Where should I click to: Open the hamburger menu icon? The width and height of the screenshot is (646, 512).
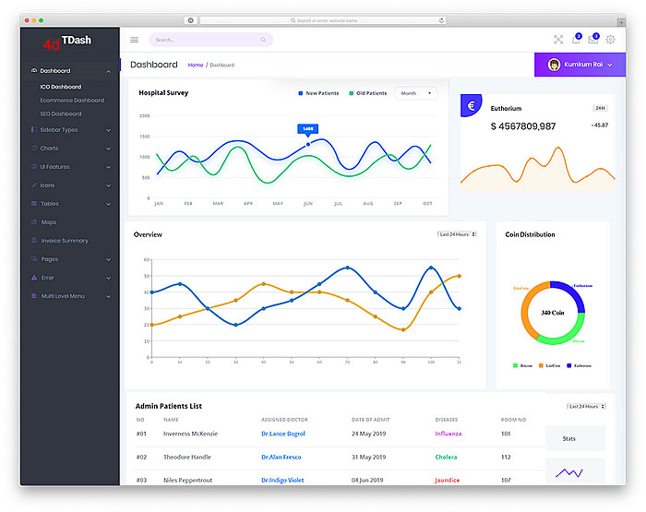coord(134,40)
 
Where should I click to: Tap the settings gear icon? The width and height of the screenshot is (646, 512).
coord(610,40)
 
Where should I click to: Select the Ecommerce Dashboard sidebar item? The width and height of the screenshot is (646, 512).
coord(72,101)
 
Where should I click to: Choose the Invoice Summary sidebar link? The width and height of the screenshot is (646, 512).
coord(65,241)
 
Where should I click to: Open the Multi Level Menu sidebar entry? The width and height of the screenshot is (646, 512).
coord(63,296)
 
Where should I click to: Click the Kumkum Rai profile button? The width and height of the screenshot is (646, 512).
coord(580,65)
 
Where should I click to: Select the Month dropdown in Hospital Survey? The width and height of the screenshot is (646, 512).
coord(415,93)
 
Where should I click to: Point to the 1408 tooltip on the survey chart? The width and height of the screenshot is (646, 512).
coord(308,129)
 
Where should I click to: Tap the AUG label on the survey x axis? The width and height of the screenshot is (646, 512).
coord(367,203)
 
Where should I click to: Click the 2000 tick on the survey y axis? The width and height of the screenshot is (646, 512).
coord(145,116)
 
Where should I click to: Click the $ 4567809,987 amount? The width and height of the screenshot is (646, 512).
coord(523,126)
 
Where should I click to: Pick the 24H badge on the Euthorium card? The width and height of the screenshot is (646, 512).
coord(600,108)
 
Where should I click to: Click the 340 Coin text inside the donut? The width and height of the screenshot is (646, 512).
coord(553,313)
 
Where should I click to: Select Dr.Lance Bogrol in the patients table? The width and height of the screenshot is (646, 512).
coord(282,434)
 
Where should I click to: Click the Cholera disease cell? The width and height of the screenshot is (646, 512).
coord(447,457)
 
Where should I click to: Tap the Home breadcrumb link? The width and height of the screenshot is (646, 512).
coord(196,65)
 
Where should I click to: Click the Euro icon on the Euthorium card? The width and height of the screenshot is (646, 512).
coord(471,106)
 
